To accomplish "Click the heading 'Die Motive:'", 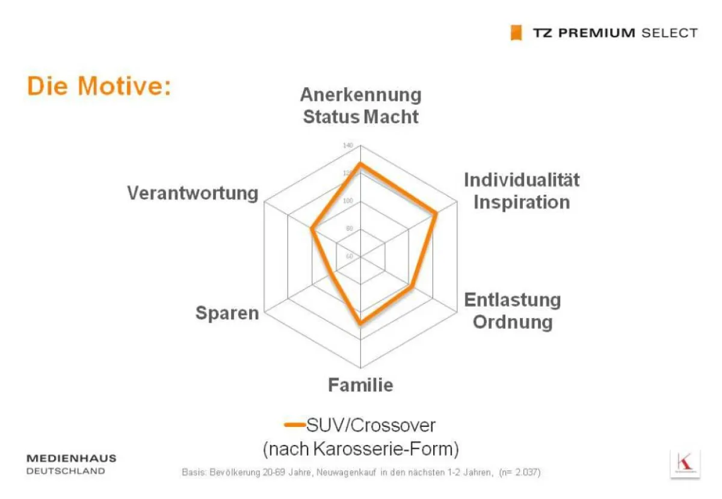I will [99, 87].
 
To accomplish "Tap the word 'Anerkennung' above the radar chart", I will [360, 95].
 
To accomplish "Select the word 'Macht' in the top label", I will [391, 116].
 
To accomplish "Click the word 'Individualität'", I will [522, 180].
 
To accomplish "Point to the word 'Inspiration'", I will [522, 201].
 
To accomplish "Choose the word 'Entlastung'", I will [513, 299].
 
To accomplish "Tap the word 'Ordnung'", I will [513, 322].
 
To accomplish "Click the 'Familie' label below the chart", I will [360, 385].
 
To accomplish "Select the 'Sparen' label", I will [227, 313].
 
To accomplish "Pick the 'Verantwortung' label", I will [193, 193].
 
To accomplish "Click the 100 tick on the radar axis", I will [348, 201].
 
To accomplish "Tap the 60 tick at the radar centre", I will [350, 256].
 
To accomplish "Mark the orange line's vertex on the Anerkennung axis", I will [360, 164].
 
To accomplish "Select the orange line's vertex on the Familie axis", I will [360, 323].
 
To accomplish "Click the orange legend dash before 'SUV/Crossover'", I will [294, 425].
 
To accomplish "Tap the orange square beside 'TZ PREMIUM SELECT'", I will [516, 33].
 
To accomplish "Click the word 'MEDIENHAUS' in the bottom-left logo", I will [72, 459].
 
